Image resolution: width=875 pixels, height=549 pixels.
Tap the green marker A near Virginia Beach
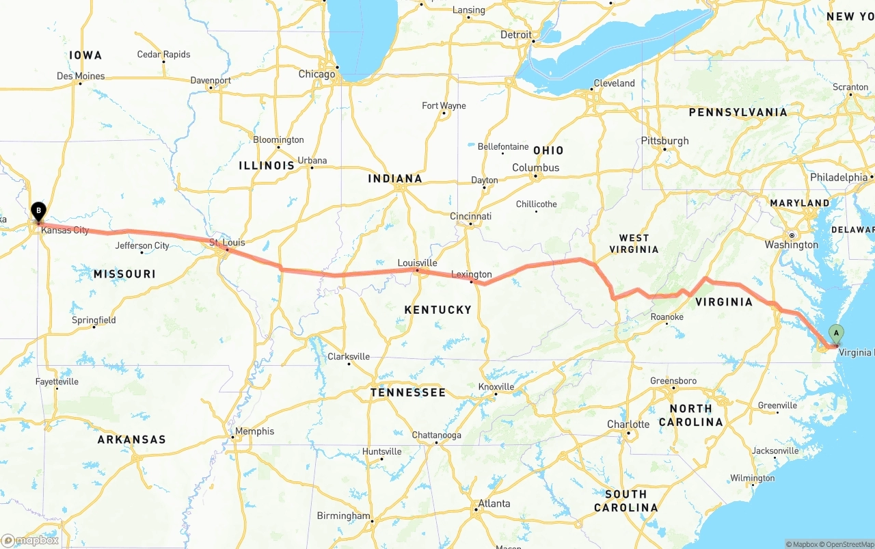coord(835,334)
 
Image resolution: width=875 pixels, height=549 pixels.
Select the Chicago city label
coord(317,74)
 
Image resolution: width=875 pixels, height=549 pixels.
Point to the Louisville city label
coord(417,263)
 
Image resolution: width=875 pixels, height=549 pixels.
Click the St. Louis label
coord(227,243)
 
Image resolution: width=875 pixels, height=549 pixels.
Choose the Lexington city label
coord(471,274)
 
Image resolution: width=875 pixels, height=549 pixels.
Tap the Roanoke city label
coord(667,317)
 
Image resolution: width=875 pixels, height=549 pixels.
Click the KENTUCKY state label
coord(437,310)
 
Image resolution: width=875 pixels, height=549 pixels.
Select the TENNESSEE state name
coord(407,392)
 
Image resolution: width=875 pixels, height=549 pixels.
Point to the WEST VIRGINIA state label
coord(634,243)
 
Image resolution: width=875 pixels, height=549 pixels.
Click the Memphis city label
coord(254,431)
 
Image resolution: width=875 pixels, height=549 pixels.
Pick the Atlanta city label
coord(494,504)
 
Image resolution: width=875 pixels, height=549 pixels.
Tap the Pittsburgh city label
coord(664,141)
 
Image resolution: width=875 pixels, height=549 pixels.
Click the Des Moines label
coord(81,76)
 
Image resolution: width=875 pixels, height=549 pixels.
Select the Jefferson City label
coord(142,245)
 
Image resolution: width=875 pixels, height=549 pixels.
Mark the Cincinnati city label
coord(470,217)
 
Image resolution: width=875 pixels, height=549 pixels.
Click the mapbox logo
coord(30,540)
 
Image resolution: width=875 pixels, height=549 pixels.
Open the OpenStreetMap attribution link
coord(848,544)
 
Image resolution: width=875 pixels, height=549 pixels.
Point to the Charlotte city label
coord(628,425)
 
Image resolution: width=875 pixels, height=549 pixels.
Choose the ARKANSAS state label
coord(131,440)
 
